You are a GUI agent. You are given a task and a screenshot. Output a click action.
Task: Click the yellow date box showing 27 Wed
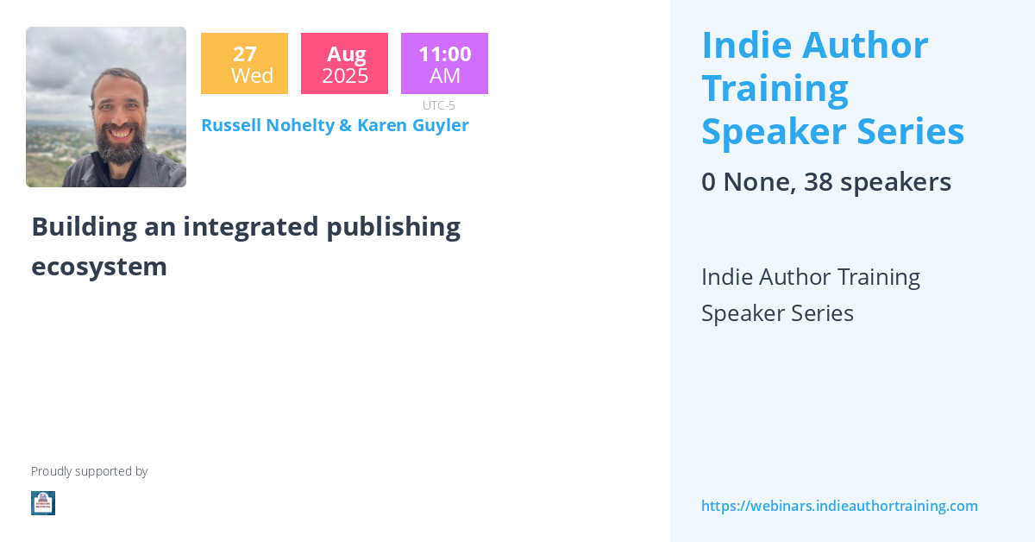tap(244, 64)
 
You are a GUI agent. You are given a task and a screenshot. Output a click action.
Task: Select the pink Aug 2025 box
tap(344, 64)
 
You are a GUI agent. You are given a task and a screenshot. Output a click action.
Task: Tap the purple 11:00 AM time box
tap(444, 64)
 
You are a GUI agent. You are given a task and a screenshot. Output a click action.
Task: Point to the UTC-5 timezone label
tap(439, 105)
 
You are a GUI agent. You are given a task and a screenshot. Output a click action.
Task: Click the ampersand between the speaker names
tap(345, 125)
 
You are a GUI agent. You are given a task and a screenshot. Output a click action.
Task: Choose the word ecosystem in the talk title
tap(99, 267)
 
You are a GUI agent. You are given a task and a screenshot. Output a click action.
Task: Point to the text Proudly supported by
tap(89, 471)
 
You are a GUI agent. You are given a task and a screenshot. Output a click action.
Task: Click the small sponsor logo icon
tap(43, 503)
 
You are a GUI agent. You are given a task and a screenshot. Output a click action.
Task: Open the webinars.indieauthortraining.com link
tap(839, 506)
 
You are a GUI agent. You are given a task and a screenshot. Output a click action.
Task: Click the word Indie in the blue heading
tap(743, 45)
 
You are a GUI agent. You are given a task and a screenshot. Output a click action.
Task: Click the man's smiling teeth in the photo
tap(116, 134)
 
